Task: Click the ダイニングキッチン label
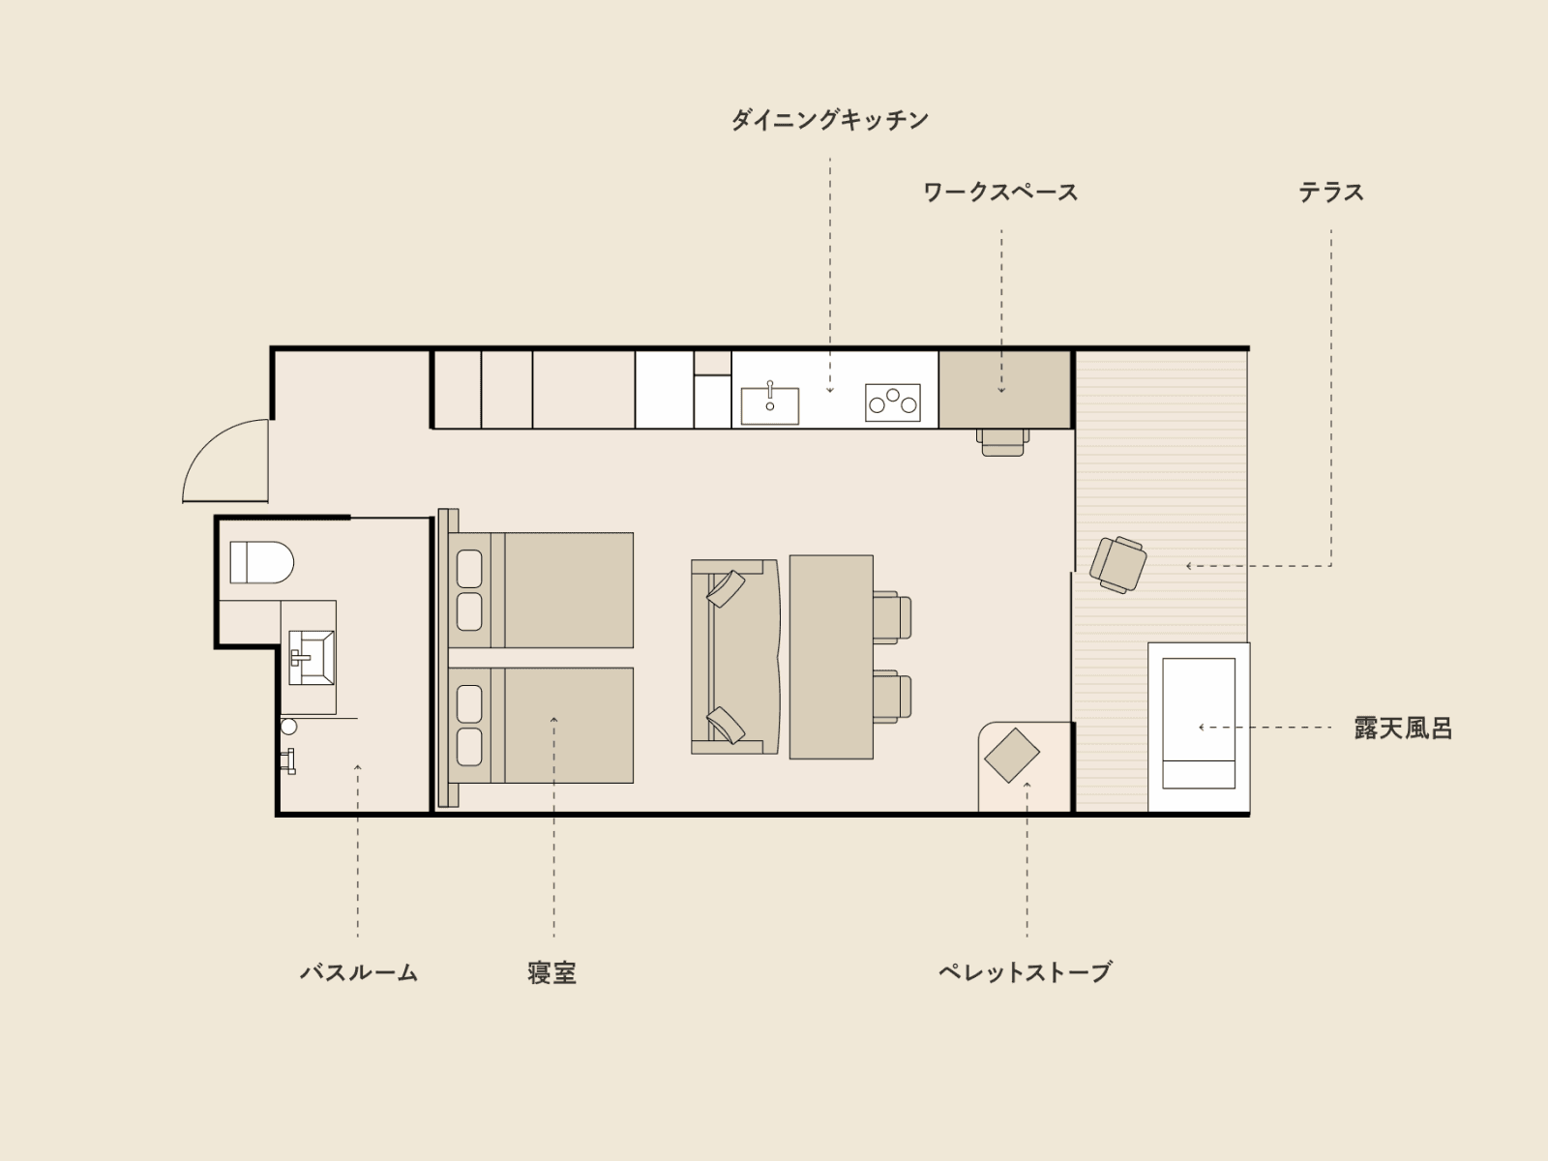829,120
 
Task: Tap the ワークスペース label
1000,193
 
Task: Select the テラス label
1330,193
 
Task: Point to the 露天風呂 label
1404,729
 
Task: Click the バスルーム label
359,972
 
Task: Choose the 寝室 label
552,972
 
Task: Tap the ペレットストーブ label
1025,972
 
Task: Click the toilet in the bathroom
261,562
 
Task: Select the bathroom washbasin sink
311,658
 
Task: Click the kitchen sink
769,405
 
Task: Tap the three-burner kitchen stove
893,402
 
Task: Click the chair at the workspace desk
1003,443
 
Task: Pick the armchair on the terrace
1117,564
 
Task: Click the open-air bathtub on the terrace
1198,726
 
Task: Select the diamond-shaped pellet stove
1012,755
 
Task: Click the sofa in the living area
735,657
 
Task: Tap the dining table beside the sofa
831,657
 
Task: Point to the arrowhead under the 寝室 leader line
553,720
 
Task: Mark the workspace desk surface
1004,389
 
